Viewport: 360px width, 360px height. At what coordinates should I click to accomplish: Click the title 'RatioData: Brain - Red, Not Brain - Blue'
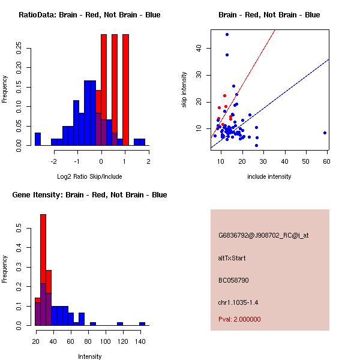tap(89, 15)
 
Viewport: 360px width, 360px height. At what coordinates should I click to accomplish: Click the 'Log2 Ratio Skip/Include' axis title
tap(89, 176)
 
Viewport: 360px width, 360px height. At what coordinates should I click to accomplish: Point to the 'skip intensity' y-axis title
tap(185, 90)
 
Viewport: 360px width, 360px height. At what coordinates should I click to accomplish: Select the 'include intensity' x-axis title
tap(269, 176)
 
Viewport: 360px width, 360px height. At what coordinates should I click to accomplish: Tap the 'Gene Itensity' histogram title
tap(89, 195)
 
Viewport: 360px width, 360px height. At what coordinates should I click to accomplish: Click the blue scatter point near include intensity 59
tap(325, 133)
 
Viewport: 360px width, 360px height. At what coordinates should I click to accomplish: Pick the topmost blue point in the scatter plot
tap(227, 34)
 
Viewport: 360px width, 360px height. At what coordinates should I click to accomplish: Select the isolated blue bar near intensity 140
tap(142, 323)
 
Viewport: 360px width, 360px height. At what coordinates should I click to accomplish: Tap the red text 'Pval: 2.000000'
tap(239, 319)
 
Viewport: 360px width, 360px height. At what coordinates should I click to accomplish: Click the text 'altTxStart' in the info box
tap(232, 258)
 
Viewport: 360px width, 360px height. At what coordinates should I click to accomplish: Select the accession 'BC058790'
tap(233, 280)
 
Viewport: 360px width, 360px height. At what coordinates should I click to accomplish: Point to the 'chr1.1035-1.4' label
tap(238, 302)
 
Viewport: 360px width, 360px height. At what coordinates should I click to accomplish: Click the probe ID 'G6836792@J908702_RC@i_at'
tap(263, 236)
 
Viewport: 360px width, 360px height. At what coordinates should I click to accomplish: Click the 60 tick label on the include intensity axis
tap(327, 161)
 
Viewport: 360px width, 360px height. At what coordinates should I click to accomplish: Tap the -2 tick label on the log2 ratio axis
tap(53, 161)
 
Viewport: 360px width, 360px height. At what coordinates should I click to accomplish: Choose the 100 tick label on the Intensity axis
tap(106, 341)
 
